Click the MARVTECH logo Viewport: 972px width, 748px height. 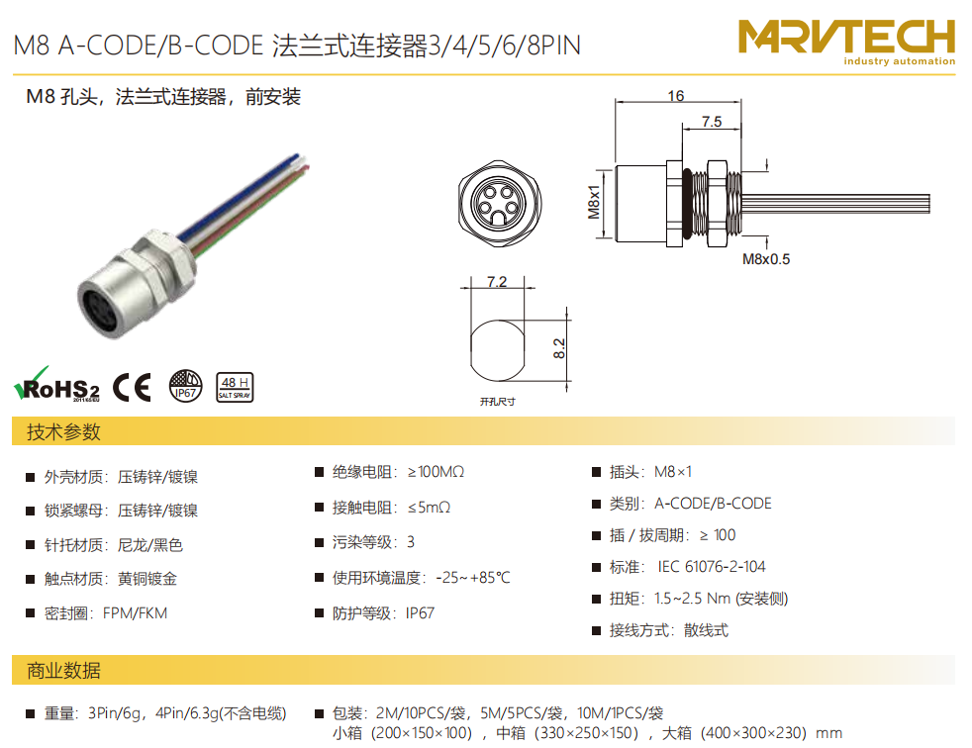(x=846, y=42)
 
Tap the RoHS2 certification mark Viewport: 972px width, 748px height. (x=56, y=384)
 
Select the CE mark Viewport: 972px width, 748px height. (x=132, y=388)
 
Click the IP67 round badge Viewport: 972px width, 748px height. (x=185, y=386)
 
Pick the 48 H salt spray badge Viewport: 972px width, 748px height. (x=235, y=387)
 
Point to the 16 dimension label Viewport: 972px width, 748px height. (x=676, y=96)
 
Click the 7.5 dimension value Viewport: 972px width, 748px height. (x=712, y=122)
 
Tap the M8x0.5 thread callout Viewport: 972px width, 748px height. (x=766, y=259)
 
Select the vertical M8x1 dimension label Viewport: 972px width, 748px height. (x=594, y=202)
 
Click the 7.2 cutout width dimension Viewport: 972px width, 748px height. (x=497, y=282)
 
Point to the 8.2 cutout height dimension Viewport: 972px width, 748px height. (x=559, y=349)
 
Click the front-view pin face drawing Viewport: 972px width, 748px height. (x=499, y=203)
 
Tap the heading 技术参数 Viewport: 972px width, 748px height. (x=63, y=432)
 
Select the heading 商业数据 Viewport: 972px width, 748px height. (x=63, y=671)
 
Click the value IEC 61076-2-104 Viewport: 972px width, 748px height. (x=712, y=566)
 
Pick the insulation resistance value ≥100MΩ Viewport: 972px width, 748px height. (x=436, y=472)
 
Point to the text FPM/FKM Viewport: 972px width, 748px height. (x=136, y=613)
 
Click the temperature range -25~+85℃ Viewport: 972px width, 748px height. (x=473, y=578)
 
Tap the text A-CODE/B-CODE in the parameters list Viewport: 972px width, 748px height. (x=713, y=504)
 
